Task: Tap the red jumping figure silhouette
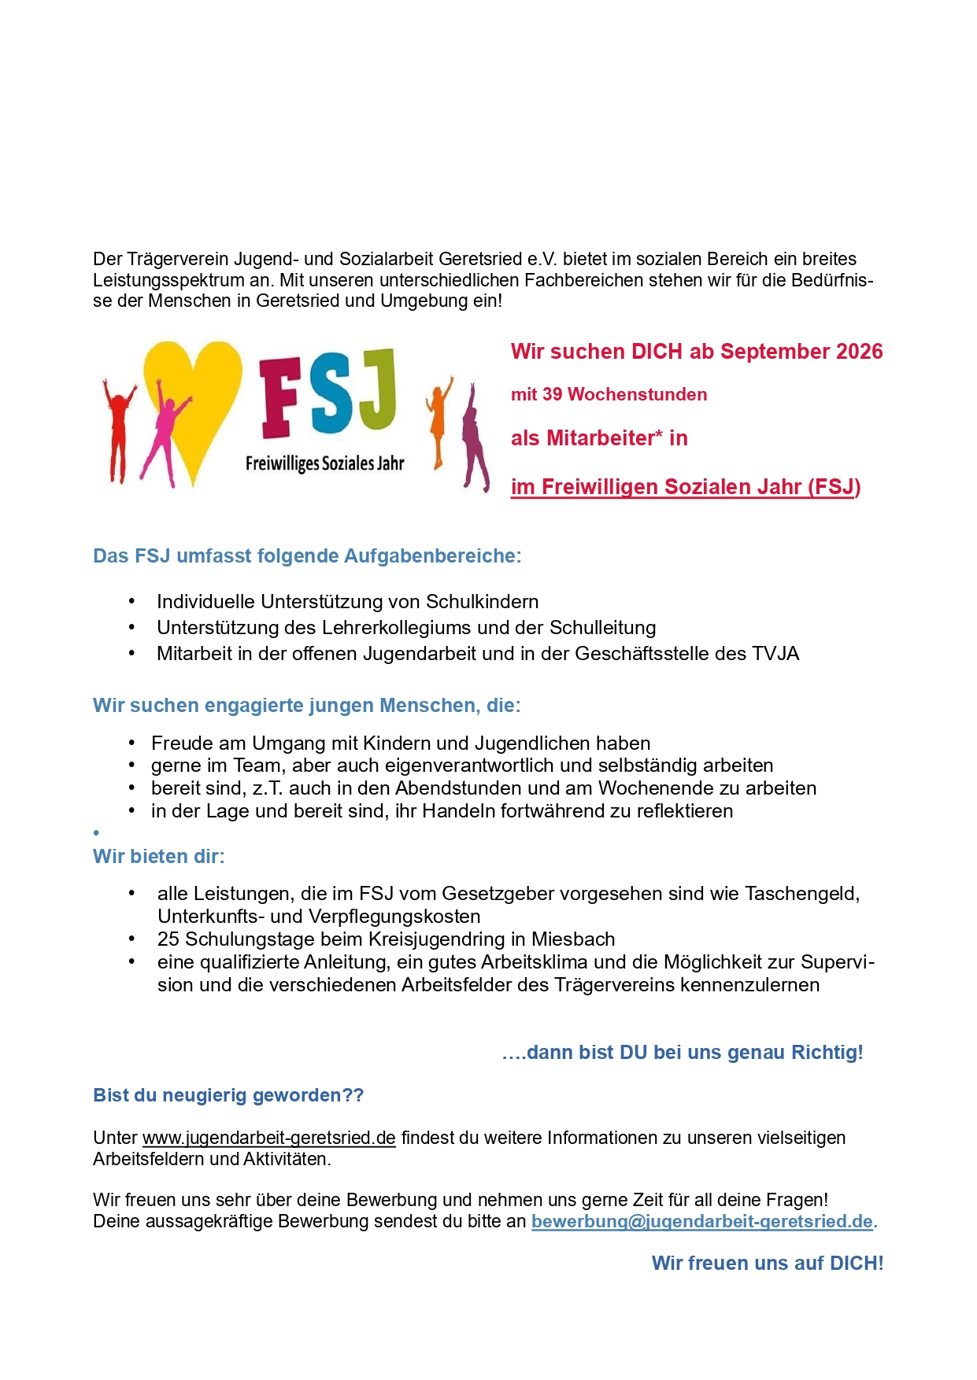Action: pos(118,429)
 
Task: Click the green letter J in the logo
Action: pos(376,389)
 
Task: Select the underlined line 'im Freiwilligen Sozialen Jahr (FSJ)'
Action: pos(685,487)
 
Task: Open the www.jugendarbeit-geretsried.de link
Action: pos(268,1138)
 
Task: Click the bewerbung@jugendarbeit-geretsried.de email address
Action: pos(702,1221)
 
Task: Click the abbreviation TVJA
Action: pos(775,654)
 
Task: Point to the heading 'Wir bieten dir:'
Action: pos(159,856)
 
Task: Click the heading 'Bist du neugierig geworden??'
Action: pos(228,1095)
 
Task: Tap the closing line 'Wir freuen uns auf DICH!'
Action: pos(768,1263)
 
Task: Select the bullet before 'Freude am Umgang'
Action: pos(132,744)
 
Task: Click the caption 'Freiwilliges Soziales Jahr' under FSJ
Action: pos(324,463)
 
